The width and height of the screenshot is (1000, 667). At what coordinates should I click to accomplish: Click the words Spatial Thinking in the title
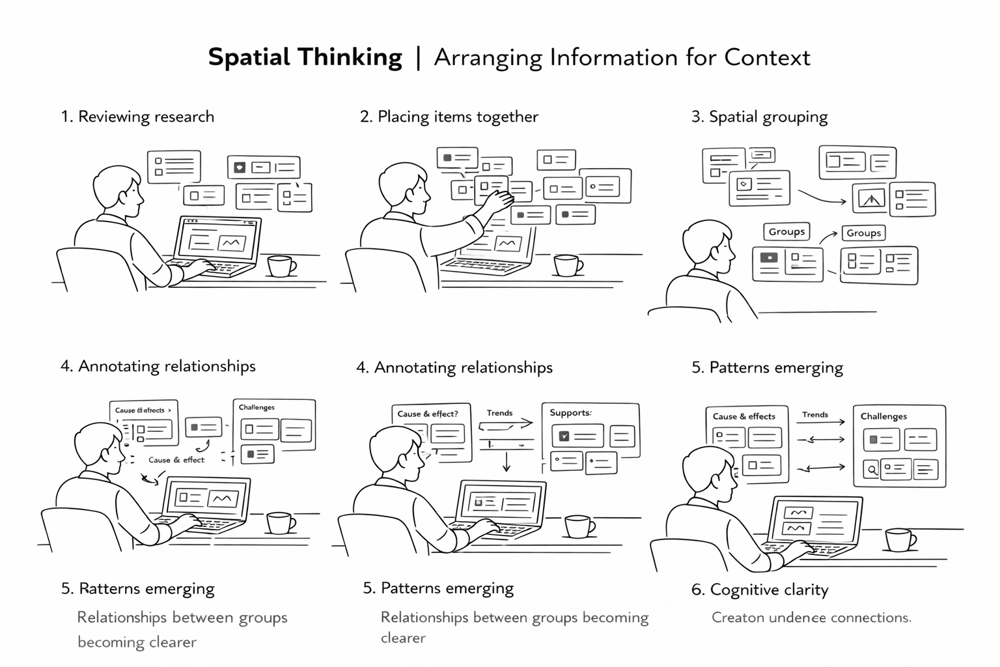click(305, 57)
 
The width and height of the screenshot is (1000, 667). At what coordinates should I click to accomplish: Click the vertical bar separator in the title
click(418, 57)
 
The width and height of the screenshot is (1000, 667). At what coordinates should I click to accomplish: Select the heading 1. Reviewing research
click(137, 117)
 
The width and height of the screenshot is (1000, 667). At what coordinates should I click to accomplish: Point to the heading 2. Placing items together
click(449, 117)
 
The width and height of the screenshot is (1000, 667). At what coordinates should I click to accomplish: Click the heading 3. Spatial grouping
click(759, 117)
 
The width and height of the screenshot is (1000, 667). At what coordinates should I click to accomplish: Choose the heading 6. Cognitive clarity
click(759, 589)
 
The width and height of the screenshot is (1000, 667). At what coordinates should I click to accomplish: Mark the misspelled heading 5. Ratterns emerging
click(137, 589)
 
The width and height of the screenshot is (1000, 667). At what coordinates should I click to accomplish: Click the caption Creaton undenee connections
click(811, 617)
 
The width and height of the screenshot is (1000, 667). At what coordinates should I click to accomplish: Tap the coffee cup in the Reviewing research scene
click(281, 266)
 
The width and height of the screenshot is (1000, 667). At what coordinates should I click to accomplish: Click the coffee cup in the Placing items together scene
click(567, 265)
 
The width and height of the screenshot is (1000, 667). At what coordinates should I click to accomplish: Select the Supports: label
click(570, 413)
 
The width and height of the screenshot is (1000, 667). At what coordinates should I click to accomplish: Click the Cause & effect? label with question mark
click(428, 414)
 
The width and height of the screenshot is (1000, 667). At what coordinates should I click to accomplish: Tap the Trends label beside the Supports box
click(499, 413)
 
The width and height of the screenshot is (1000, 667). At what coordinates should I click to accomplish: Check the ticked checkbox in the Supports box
click(564, 436)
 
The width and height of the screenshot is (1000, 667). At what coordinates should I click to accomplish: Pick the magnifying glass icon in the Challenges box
click(871, 468)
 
